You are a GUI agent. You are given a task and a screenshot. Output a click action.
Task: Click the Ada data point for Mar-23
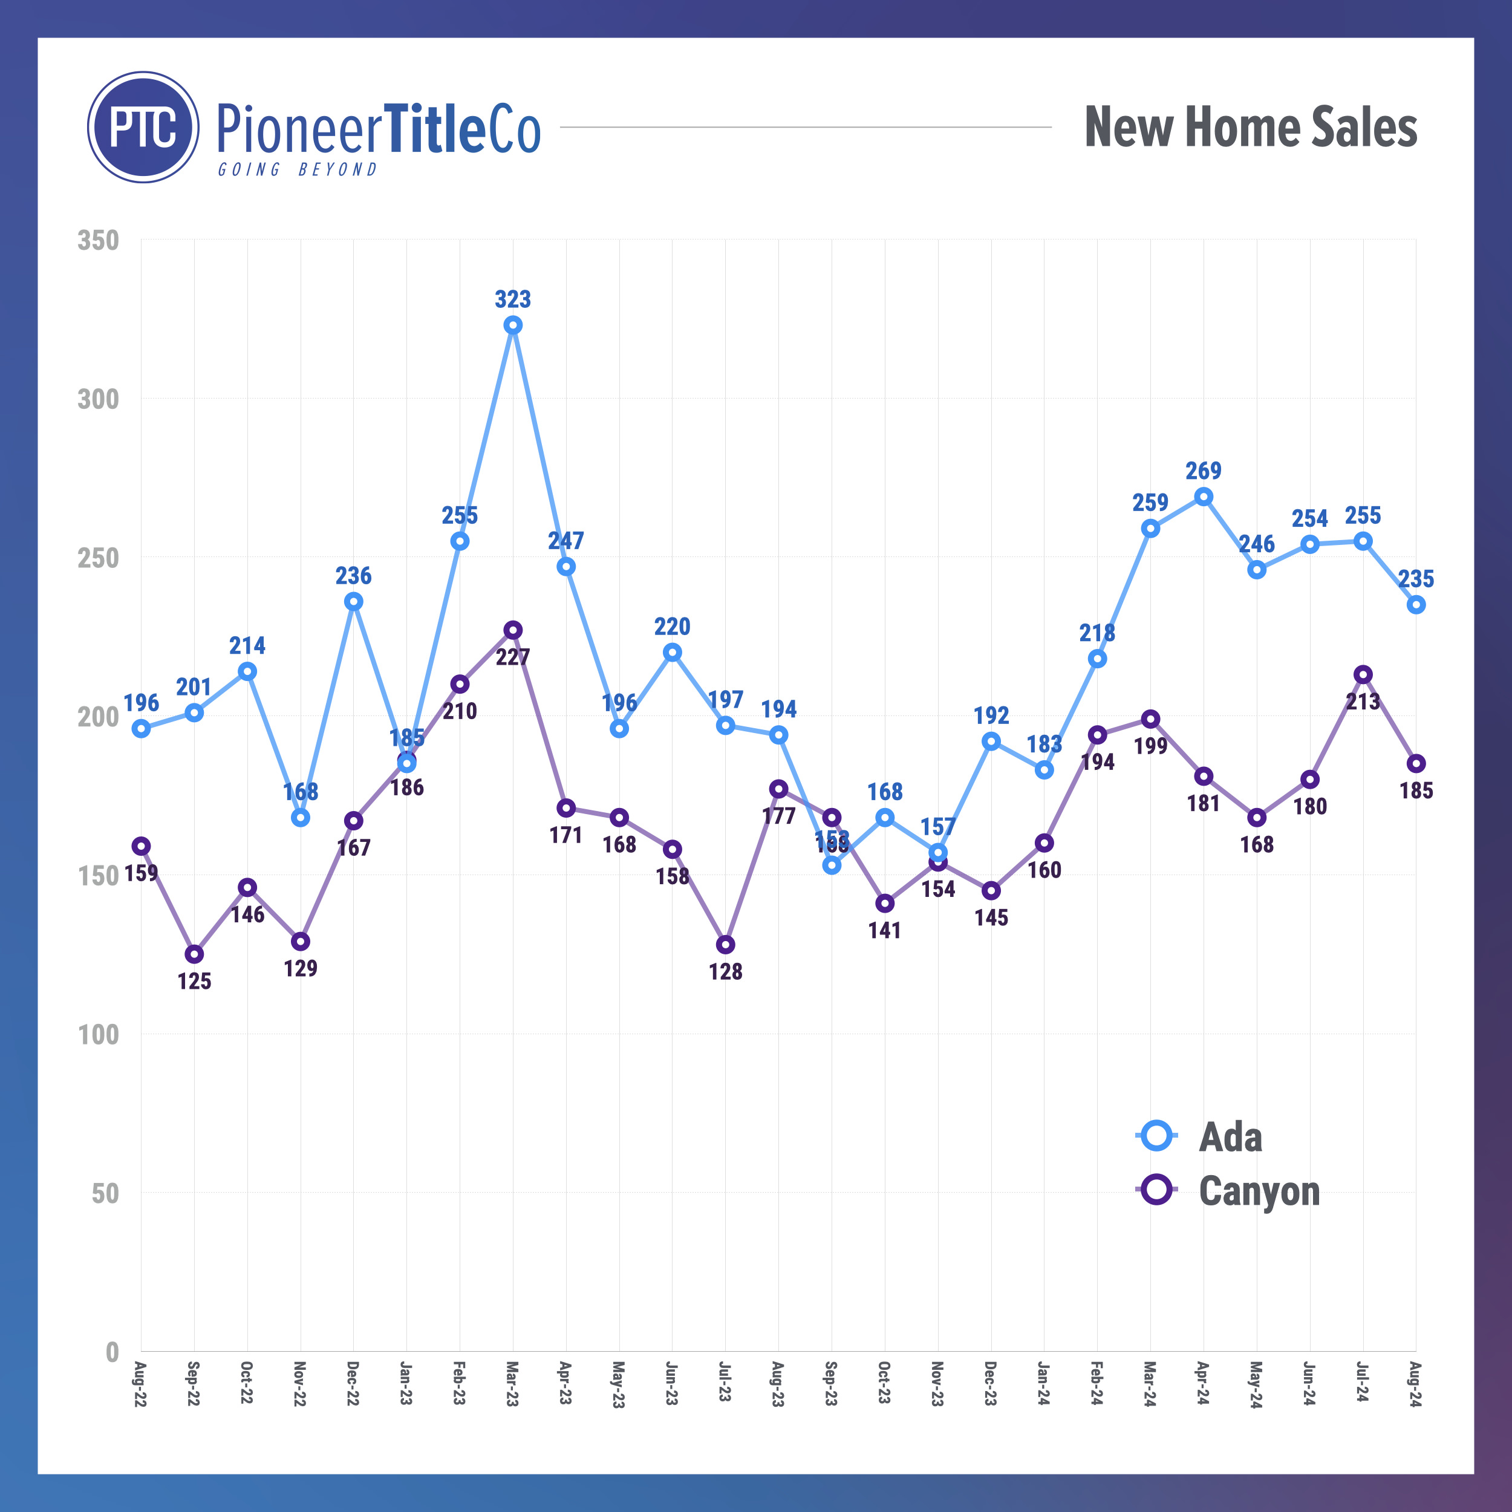pos(513,325)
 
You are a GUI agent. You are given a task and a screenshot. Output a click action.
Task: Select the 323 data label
pos(513,299)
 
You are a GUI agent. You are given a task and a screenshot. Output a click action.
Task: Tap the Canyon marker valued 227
pos(513,630)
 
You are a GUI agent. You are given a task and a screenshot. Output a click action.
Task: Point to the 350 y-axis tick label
pos(99,240)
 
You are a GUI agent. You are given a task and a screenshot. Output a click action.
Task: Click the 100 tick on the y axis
pos(99,1035)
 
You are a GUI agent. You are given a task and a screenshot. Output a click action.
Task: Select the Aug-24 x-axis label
pos(1415,1384)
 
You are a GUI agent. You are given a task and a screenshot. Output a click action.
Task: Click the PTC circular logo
pos(143,128)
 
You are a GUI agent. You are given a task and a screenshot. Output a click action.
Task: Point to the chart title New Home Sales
pos(1251,127)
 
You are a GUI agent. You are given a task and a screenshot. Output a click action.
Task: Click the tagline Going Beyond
pos(298,170)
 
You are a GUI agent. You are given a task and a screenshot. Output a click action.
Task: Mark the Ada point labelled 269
pos(1204,497)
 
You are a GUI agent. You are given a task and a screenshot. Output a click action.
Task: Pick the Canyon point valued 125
pos(194,954)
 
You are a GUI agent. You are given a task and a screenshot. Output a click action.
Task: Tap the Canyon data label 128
pos(726,971)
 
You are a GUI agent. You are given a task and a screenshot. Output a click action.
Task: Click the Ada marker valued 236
pos(354,601)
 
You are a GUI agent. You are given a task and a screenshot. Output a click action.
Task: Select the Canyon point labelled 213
pos(1363,674)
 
